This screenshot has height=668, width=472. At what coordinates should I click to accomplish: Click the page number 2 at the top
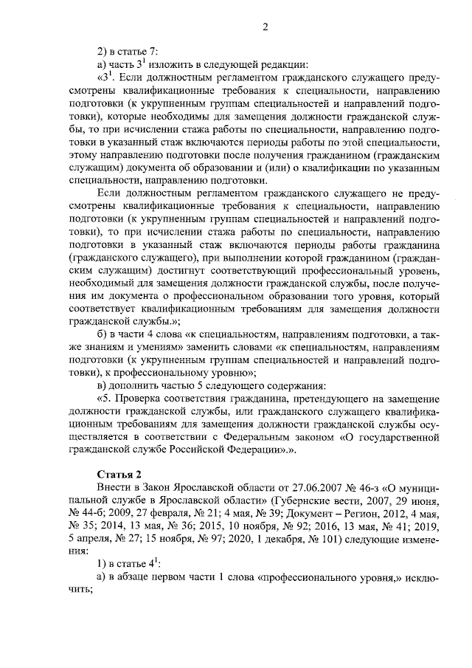click(x=264, y=28)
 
